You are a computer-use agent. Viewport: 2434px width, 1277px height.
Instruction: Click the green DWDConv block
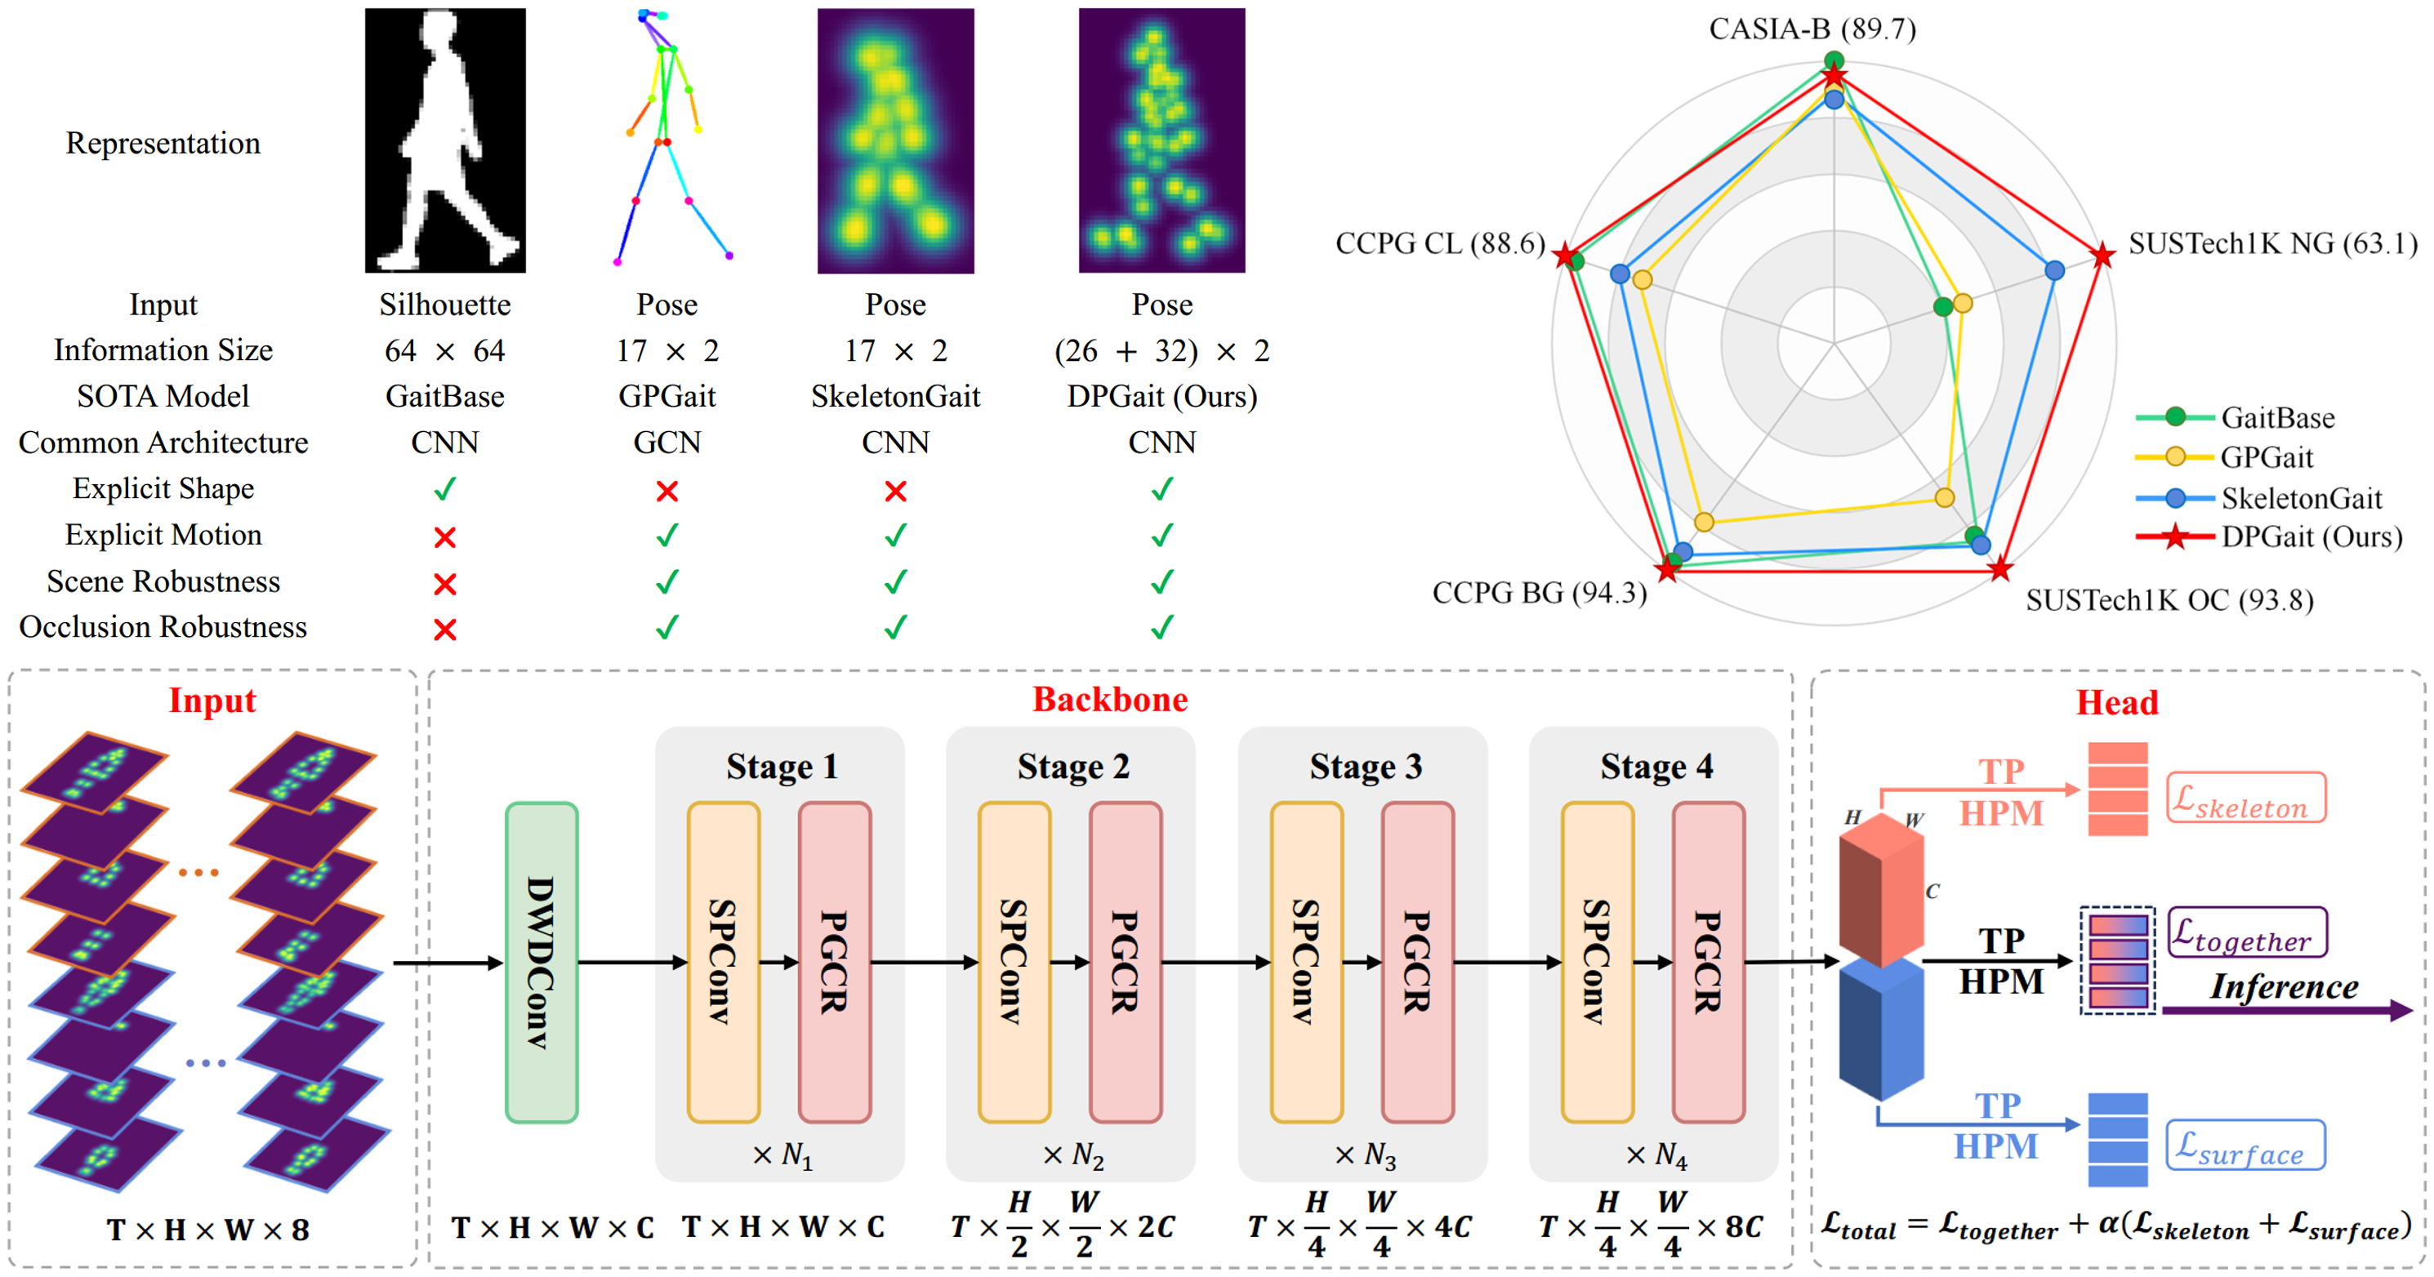click(x=542, y=963)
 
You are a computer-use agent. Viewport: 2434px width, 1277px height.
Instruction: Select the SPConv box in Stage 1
click(x=724, y=963)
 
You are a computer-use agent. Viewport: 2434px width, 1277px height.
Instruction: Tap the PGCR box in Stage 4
click(x=1709, y=963)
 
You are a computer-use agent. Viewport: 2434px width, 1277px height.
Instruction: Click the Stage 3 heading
click(x=1366, y=766)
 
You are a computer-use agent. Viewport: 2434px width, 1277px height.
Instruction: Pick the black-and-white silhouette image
click(x=445, y=140)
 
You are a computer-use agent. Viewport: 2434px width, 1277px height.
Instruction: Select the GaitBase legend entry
click(x=2236, y=416)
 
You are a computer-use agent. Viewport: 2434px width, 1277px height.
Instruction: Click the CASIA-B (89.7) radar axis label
click(x=1812, y=29)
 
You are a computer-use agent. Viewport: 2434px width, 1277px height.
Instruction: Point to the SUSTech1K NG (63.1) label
click(x=2272, y=243)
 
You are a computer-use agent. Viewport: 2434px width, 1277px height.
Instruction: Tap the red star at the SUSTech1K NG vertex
click(x=2102, y=255)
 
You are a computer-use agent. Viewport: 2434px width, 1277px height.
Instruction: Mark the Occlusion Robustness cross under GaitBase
click(x=445, y=629)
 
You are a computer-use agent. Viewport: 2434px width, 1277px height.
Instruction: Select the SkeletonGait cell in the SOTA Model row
click(x=896, y=396)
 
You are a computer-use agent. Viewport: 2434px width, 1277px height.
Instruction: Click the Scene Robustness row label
click(x=163, y=581)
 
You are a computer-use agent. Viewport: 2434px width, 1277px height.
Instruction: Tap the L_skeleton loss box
click(x=2246, y=799)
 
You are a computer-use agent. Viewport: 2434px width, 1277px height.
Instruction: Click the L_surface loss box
click(x=2245, y=1145)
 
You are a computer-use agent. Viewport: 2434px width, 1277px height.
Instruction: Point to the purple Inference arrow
click(x=2288, y=1011)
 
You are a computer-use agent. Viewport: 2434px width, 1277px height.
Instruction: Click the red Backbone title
click(x=1110, y=699)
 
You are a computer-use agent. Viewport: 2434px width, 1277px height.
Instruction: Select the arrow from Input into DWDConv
click(x=448, y=963)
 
